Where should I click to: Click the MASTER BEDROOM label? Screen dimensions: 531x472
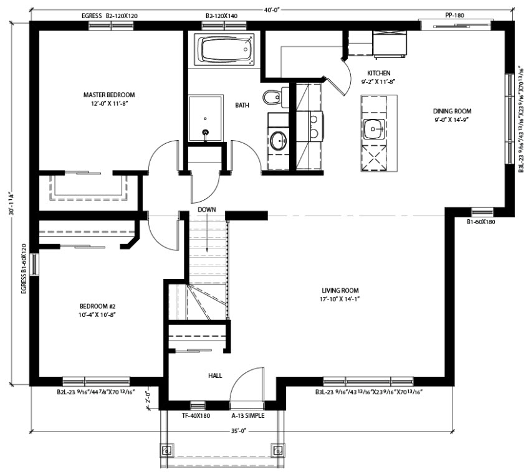109,95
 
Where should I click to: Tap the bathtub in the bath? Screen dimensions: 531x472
224,49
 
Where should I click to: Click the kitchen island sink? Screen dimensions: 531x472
374,129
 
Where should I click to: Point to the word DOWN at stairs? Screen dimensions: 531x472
206,209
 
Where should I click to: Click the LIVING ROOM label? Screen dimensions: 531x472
340,290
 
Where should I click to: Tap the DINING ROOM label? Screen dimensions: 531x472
452,111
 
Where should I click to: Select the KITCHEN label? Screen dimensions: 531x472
378,73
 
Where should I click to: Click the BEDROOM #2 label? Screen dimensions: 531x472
97,306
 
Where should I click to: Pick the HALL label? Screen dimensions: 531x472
215,375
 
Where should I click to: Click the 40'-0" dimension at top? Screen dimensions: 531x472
272,9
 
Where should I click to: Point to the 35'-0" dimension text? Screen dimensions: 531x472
239,431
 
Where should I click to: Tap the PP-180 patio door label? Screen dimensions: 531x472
454,15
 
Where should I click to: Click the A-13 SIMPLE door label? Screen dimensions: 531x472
248,415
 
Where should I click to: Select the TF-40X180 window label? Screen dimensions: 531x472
196,415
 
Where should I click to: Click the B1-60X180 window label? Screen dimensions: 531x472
481,222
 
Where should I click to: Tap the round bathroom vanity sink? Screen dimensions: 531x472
279,140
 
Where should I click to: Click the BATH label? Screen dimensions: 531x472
242,105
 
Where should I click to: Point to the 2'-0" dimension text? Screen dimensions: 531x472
148,399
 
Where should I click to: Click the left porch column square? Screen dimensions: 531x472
166,450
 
